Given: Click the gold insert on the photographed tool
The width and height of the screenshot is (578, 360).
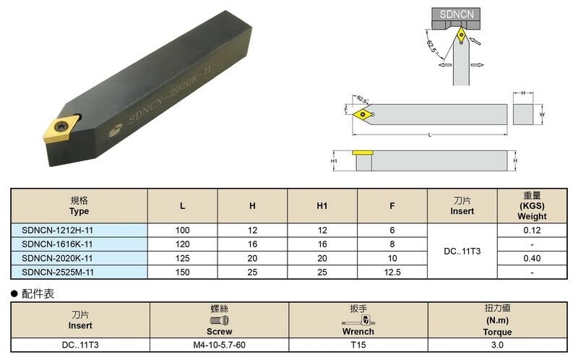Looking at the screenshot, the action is (61, 128).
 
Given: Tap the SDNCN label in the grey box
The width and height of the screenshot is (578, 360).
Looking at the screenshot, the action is (457, 14).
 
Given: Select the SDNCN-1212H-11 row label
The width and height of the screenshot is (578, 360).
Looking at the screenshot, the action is (57, 230).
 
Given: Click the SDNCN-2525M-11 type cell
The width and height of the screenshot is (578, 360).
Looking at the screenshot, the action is (57, 273).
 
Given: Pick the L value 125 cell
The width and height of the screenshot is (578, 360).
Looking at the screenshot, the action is (183, 258).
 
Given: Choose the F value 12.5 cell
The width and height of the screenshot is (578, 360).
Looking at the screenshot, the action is (392, 273).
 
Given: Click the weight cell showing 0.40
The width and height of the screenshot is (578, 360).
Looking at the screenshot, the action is (532, 258).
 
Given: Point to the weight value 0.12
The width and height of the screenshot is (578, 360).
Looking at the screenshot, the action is (532, 230).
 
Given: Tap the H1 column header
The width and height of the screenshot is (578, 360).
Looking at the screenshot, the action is (322, 205).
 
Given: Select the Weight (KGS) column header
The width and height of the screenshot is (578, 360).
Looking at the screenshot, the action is (532, 205).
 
